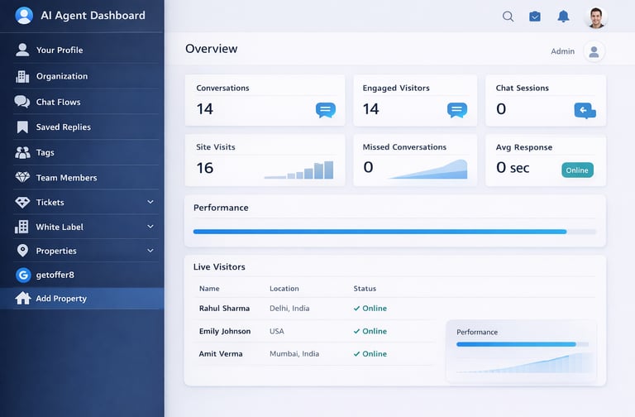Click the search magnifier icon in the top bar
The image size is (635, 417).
coord(508,17)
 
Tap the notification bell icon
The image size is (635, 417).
coord(563,17)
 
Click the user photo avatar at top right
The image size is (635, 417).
coord(595,17)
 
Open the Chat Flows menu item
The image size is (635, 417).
coord(58,102)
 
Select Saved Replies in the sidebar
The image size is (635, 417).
coord(63,127)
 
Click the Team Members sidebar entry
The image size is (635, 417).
coord(66,178)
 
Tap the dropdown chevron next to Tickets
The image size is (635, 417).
coord(150,202)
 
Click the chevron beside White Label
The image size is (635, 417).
coord(150,227)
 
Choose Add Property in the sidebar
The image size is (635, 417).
coord(61,299)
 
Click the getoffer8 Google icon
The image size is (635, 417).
coord(22,275)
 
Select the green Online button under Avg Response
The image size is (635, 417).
coord(577,170)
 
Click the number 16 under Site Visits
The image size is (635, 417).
coord(205,168)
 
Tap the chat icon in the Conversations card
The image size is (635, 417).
coord(326,110)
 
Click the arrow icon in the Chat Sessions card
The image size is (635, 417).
coord(585,110)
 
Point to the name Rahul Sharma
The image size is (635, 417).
coord(224,309)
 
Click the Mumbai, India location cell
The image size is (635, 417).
coord(294,354)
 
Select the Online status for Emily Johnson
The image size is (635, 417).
coord(370,331)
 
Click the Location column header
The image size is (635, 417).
coord(284,289)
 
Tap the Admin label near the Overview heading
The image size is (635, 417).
coord(562,51)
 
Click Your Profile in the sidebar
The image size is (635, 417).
coord(59,50)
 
